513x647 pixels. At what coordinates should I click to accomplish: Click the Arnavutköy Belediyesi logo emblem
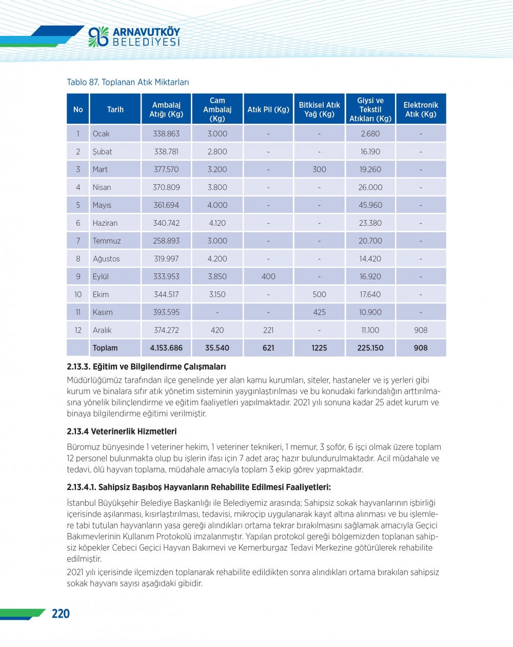[x=98, y=36]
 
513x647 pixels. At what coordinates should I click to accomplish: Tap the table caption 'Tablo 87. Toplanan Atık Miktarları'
[x=128, y=82]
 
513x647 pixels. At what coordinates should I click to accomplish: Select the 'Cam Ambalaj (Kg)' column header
[x=217, y=109]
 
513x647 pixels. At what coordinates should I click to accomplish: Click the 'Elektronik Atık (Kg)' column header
[x=421, y=109]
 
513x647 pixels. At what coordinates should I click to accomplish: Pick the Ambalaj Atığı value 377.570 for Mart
[x=166, y=169]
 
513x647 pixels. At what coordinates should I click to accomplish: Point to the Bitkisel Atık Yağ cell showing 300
[x=319, y=169]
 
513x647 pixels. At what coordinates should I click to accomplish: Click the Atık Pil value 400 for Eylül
[x=268, y=277]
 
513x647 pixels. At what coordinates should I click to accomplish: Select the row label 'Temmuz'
[x=107, y=241]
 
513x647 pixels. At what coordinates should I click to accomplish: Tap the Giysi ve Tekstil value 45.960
[x=370, y=205]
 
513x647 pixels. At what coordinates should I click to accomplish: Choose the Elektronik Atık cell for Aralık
[x=421, y=330]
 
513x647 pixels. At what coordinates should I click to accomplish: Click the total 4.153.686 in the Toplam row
[x=166, y=348]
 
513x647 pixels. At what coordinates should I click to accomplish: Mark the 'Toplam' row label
[x=105, y=348]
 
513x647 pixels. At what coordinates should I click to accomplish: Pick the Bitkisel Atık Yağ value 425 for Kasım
[x=319, y=312]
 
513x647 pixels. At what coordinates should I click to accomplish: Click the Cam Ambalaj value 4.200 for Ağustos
[x=217, y=259]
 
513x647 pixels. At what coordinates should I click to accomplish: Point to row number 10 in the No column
[x=78, y=295]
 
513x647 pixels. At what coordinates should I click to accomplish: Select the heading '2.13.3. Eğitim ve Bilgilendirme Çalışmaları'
[x=146, y=367]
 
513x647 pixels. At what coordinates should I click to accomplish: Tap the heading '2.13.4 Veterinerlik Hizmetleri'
[x=122, y=432]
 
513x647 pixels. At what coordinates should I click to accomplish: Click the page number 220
[x=61, y=614]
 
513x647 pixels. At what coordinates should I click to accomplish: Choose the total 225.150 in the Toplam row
[x=370, y=348]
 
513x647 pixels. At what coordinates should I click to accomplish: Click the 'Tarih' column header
[x=115, y=109]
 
